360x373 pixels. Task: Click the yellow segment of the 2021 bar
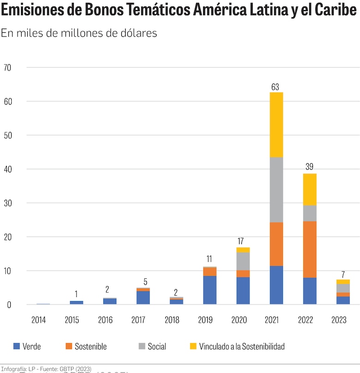[276, 124]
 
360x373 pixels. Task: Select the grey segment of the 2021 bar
[276, 189]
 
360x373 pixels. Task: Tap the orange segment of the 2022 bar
[309, 249]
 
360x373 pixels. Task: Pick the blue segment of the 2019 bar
[210, 290]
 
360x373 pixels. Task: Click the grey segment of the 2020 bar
[243, 261]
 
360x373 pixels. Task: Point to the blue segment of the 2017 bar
[143, 297]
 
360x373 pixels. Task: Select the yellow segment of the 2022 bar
[309, 189]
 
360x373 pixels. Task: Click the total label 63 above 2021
[276, 87]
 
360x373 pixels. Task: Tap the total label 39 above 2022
[309, 167]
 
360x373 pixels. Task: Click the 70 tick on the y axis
[7, 67]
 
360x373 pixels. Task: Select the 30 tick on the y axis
[7, 203]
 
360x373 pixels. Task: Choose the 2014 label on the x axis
[38, 320]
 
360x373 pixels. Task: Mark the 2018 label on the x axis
[172, 320]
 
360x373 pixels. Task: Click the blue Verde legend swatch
[17, 346]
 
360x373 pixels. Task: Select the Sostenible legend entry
[88, 346]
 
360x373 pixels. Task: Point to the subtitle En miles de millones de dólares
[79, 33]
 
